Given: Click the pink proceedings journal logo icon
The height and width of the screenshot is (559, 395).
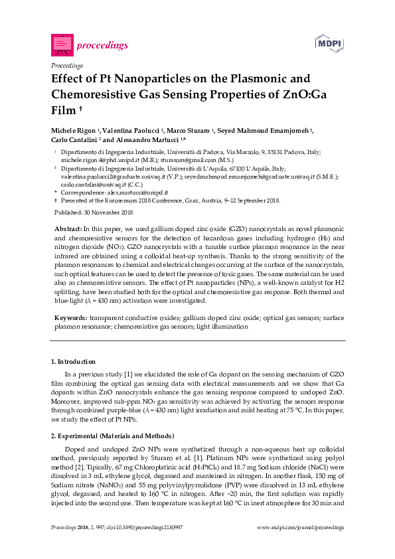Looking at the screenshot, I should pyautogui.click(x=61, y=44).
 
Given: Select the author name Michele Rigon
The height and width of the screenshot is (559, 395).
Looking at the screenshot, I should pyautogui.click(x=74, y=130).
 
